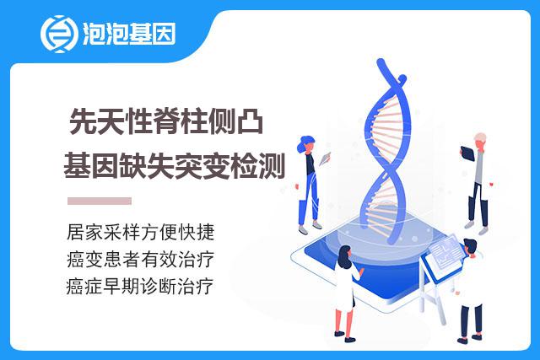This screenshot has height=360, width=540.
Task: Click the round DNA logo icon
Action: click(x=58, y=34)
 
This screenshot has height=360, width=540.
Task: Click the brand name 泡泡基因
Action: click(x=129, y=34)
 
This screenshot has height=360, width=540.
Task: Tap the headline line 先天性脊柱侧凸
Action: click(x=166, y=121)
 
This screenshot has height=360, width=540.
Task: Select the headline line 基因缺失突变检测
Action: click(x=175, y=166)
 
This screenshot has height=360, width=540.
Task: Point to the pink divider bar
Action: click(x=100, y=201)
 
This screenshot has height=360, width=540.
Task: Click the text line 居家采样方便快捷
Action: click(x=141, y=232)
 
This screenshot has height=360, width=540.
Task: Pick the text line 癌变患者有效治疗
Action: click(x=141, y=259)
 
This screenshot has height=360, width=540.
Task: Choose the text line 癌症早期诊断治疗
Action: click(x=140, y=287)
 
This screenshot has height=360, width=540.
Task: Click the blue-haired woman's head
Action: click(x=306, y=144)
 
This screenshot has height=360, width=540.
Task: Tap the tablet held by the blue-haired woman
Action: click(x=324, y=159)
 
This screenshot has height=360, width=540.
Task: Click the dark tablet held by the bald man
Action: click(x=467, y=153)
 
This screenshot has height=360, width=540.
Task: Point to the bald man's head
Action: click(x=480, y=141)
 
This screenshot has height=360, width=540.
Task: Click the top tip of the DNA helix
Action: click(x=381, y=61)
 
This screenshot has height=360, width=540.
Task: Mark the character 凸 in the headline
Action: click(x=251, y=121)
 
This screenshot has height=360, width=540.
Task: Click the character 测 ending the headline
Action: click(x=272, y=166)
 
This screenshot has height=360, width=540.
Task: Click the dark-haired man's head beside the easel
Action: click(x=470, y=248)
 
